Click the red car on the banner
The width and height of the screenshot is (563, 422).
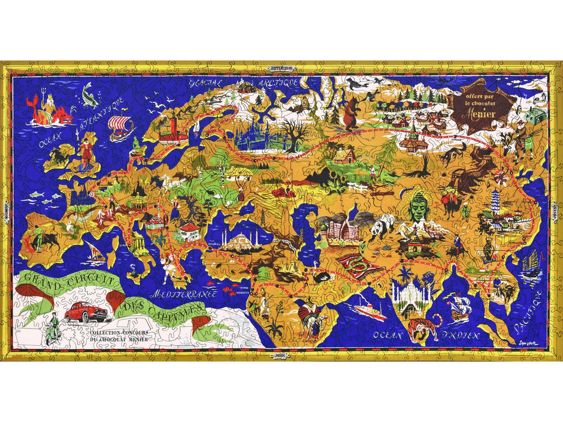tap(80, 312)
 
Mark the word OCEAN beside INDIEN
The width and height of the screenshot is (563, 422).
tap(387, 335)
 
